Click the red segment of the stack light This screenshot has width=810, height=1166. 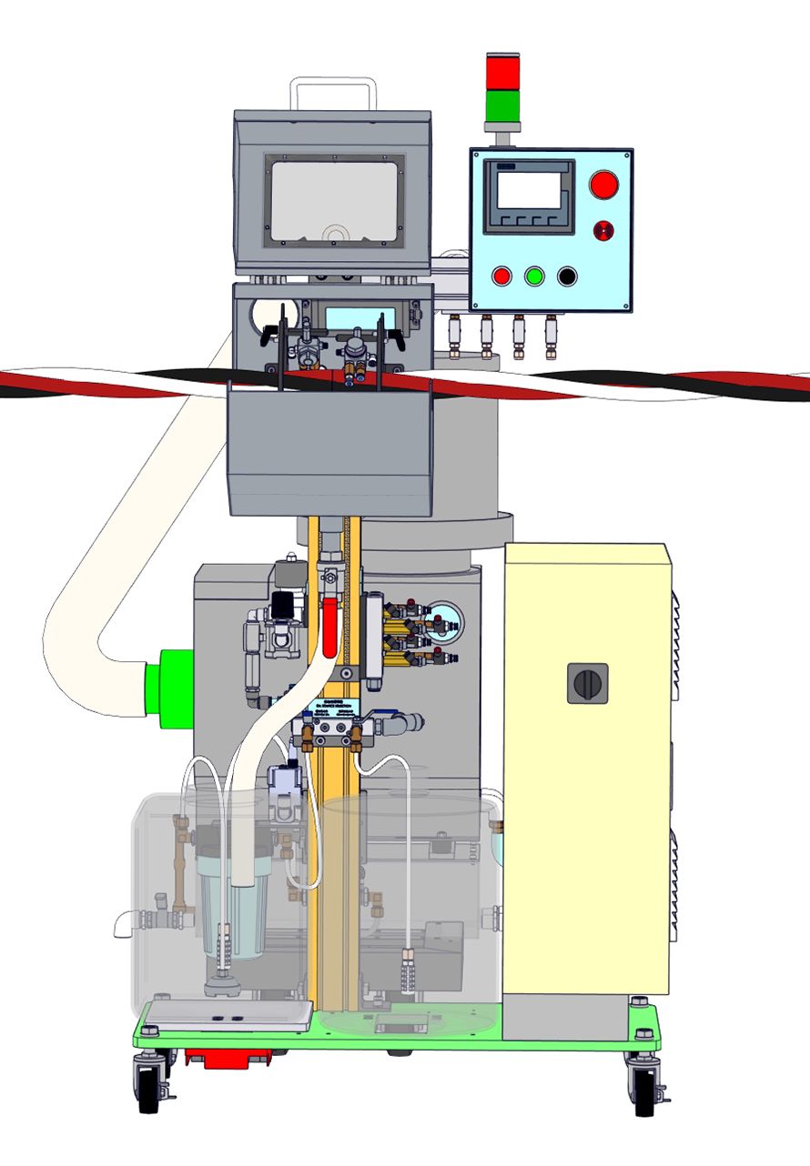[499, 72]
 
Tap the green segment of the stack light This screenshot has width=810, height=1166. [499, 106]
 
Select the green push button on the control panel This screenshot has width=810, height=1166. [534, 276]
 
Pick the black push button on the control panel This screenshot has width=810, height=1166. [567, 276]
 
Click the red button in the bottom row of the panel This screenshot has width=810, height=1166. [501, 276]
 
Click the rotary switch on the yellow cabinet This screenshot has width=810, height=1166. [587, 682]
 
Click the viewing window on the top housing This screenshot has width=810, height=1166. [334, 201]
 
